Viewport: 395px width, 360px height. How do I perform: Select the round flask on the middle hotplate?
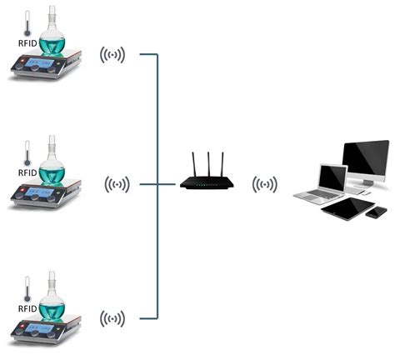pos(53,167)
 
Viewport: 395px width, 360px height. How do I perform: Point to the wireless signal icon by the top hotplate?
pos(112,56)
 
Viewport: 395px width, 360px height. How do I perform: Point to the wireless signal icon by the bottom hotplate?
pos(112,318)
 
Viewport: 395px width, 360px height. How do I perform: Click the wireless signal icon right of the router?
pos(266,183)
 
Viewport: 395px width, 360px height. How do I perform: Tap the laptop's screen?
pos(332,177)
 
